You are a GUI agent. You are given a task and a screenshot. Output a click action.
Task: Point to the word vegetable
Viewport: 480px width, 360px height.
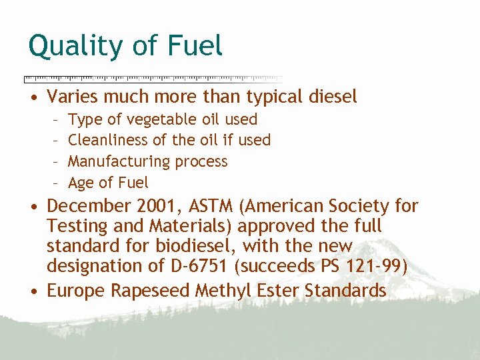click(x=162, y=119)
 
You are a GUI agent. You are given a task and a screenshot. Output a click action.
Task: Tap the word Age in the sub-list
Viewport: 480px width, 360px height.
click(x=81, y=183)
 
